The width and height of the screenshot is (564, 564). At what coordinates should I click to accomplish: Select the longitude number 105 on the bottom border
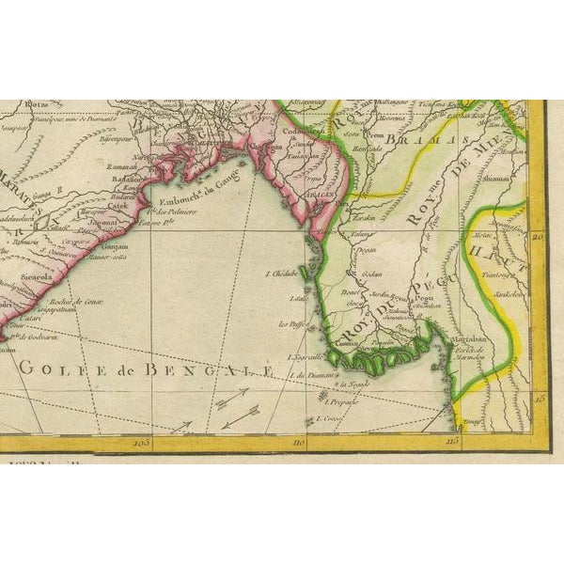point(142,440)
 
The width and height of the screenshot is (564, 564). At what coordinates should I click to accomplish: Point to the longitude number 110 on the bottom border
point(299,440)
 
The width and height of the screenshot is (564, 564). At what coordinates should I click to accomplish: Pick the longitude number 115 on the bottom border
point(452,440)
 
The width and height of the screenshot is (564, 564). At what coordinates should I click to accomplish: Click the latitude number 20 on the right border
point(538,237)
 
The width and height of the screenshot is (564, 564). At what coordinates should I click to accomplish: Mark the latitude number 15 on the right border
point(538,399)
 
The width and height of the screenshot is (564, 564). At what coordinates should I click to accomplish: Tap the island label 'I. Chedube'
point(284,275)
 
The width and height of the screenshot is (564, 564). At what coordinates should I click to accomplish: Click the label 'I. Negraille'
point(303,358)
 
